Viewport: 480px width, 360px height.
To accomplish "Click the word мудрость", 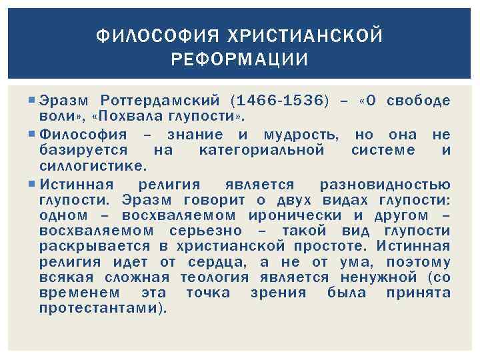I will (301, 135).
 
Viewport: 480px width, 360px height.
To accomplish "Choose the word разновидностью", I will (385, 184).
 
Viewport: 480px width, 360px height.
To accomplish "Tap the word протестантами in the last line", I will (100, 309).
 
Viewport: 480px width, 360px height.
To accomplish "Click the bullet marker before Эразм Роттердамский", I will (33, 101).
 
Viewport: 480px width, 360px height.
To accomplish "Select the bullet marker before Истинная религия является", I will (33, 184).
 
